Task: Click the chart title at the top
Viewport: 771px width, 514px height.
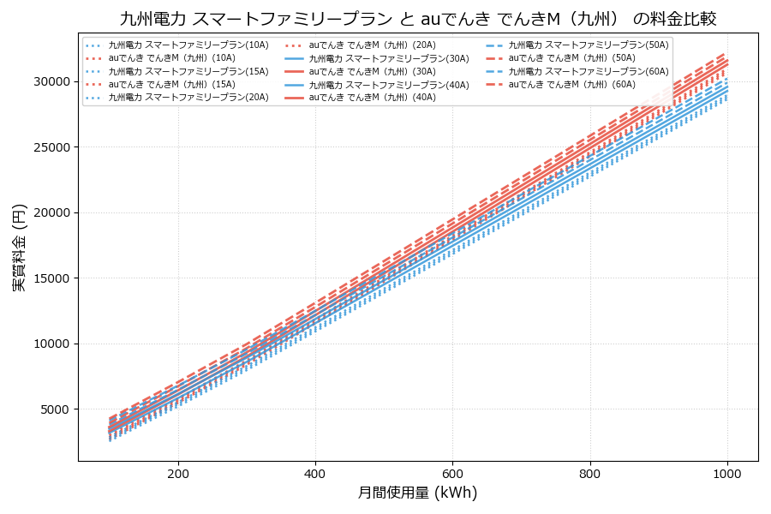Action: coord(418,18)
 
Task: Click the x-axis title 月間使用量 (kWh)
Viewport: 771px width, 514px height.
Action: coord(417,493)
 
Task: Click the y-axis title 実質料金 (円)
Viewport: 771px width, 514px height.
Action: coord(19,247)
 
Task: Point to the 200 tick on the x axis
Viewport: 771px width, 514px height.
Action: coord(178,473)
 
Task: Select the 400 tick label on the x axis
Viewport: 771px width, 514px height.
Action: coord(315,473)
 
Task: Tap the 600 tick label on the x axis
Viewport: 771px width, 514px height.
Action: coord(452,473)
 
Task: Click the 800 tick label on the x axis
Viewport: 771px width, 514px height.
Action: coord(590,473)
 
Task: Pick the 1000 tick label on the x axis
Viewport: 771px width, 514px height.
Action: coord(727,473)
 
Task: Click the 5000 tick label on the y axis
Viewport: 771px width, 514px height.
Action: coord(54,409)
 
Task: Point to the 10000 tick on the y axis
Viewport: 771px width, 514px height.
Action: coord(51,344)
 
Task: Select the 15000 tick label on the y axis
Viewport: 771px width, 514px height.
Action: coord(51,278)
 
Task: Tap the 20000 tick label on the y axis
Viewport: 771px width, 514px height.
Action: coord(51,212)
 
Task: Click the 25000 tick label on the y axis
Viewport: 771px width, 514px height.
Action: coord(51,147)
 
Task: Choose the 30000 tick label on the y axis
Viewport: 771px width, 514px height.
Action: coord(51,81)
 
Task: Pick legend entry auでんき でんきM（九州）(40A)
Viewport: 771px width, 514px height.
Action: coord(372,98)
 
